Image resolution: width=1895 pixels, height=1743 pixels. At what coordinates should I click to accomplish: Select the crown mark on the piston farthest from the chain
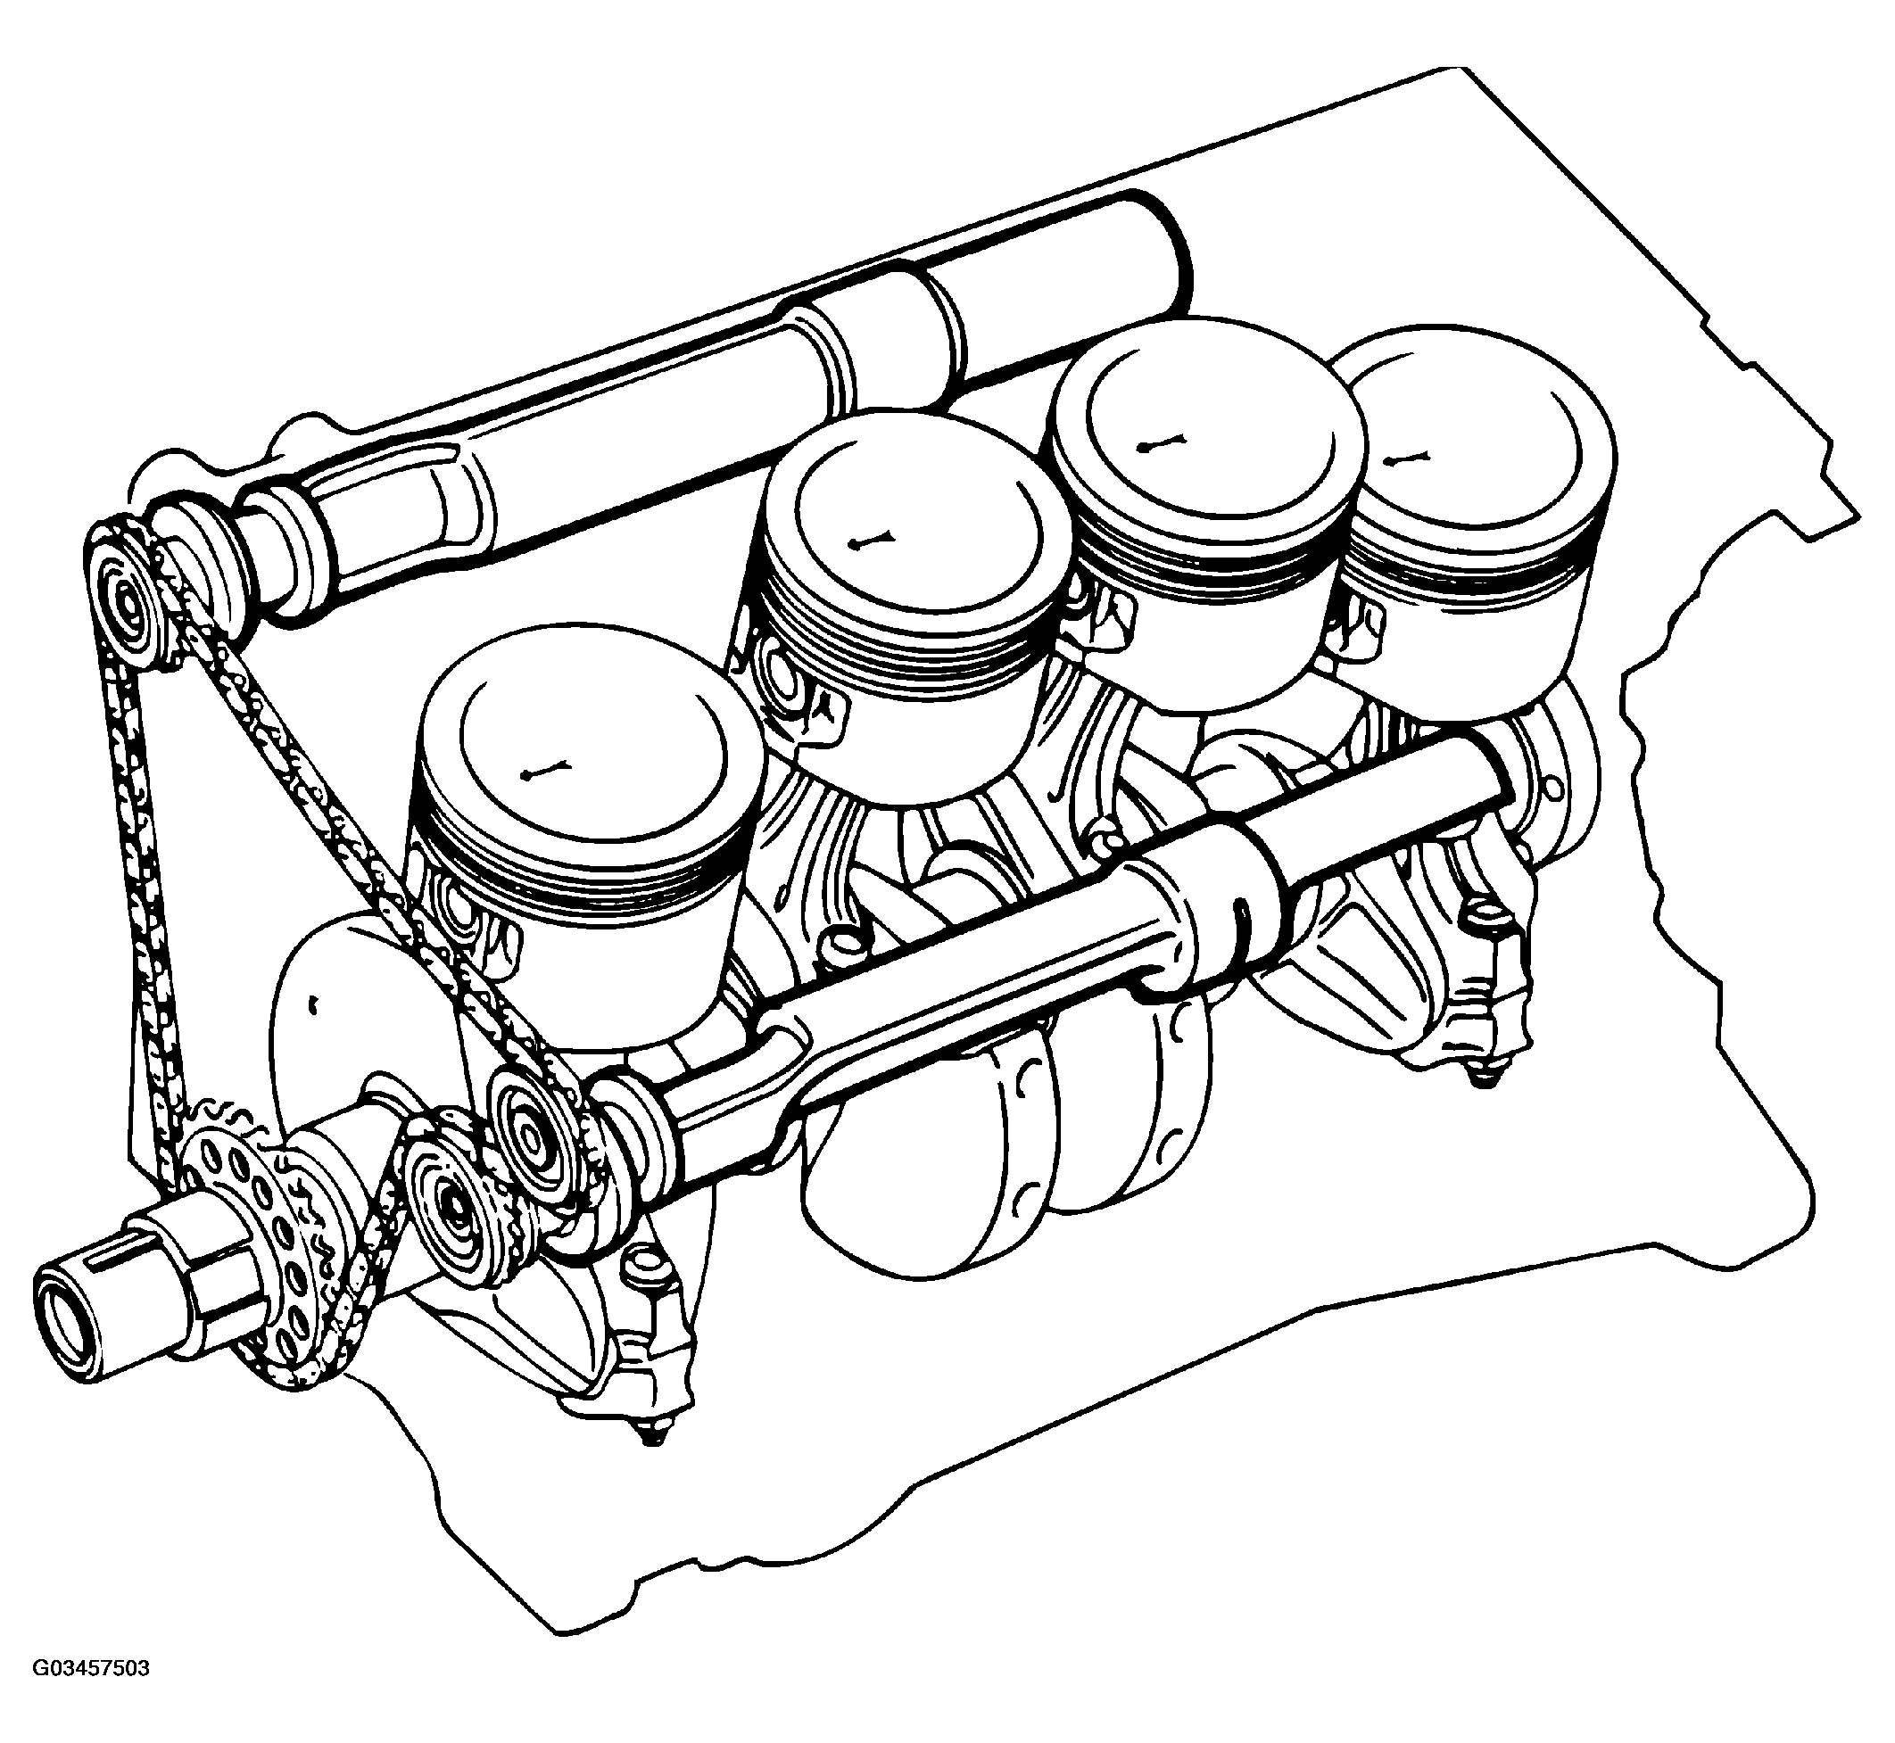click(1407, 459)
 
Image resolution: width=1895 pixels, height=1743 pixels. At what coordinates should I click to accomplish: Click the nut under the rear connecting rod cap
click(1481, 1074)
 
